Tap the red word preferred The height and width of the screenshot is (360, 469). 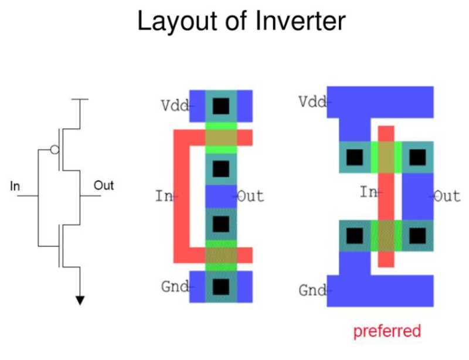click(386, 331)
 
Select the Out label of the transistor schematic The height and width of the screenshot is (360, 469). click(104, 186)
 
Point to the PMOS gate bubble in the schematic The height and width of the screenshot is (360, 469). click(55, 150)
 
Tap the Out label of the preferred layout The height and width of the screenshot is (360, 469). click(447, 196)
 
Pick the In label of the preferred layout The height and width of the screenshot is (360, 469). click(368, 191)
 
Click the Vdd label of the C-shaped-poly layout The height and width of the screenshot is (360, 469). click(175, 106)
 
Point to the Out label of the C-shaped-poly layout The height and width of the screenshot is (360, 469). click(250, 196)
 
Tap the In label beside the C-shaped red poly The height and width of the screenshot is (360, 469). click(164, 196)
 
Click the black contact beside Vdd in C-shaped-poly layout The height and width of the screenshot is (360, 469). click(220, 106)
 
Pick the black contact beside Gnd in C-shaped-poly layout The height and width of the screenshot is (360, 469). click(220, 287)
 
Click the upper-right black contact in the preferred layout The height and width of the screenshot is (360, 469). click(417, 157)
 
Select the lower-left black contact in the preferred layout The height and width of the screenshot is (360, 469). click(354, 236)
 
